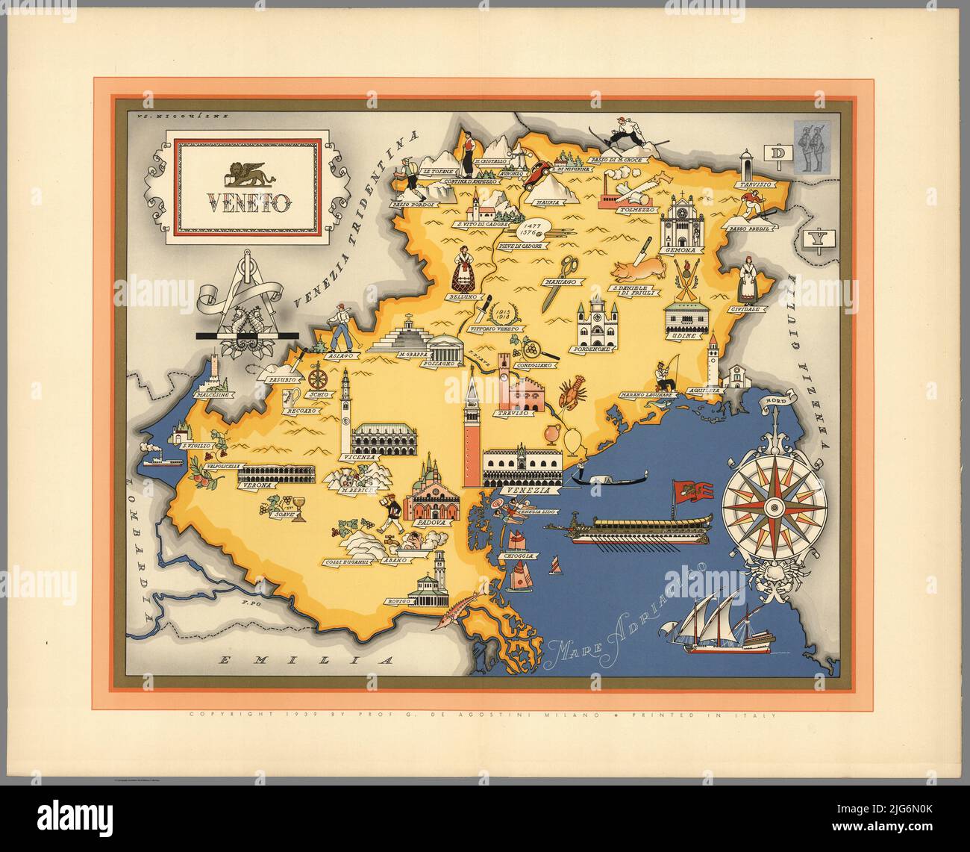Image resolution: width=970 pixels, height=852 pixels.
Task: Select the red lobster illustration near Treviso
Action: pos(572,393)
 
